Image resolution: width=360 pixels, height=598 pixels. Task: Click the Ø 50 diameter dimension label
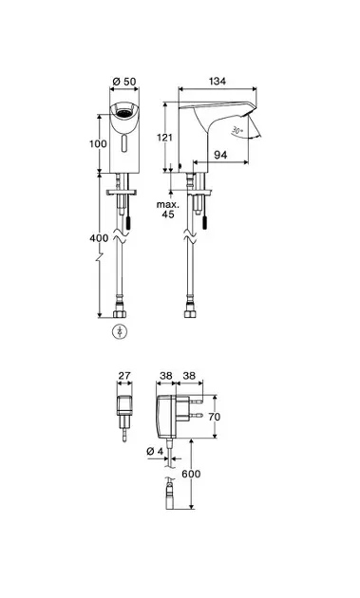(124, 82)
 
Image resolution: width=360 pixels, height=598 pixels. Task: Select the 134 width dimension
(218, 81)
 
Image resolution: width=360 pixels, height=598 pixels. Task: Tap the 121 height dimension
(165, 138)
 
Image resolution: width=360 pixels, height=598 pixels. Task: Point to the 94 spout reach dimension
(220, 155)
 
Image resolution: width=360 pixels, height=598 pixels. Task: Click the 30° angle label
(237, 131)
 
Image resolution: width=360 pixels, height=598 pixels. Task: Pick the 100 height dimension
(98, 143)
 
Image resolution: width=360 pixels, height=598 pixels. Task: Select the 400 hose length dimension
(99, 238)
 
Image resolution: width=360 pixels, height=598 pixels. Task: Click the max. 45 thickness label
(168, 210)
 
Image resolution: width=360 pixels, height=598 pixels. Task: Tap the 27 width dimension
(124, 376)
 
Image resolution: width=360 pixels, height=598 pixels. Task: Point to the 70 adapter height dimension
(214, 417)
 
